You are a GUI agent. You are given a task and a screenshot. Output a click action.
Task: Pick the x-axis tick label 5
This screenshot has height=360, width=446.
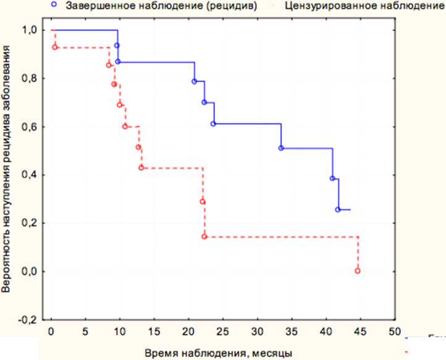[x=85, y=330]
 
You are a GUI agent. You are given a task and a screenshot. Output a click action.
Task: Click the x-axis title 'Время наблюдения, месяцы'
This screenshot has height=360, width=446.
[x=219, y=353]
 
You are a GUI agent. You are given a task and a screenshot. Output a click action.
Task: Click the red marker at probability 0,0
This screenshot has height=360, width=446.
[x=358, y=271]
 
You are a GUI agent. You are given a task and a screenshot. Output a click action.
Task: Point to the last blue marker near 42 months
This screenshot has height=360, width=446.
[x=338, y=210]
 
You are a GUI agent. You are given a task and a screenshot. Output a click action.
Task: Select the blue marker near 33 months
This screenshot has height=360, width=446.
[x=281, y=148]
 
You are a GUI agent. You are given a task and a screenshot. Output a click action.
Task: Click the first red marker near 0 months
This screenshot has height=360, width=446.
[x=55, y=48]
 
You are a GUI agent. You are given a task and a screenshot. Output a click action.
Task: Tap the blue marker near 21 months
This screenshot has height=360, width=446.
[x=195, y=82]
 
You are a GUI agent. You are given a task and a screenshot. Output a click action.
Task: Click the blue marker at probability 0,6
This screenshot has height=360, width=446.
[x=213, y=124]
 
